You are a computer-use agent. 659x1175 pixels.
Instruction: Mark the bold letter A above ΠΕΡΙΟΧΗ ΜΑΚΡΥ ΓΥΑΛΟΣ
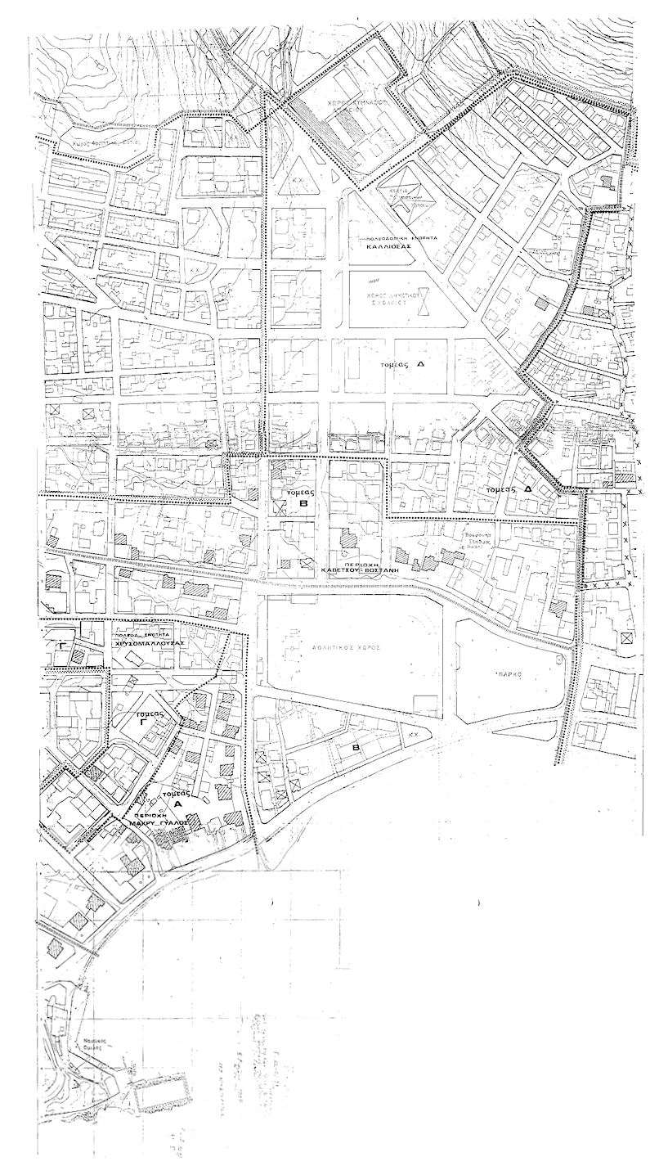(x=173, y=804)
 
